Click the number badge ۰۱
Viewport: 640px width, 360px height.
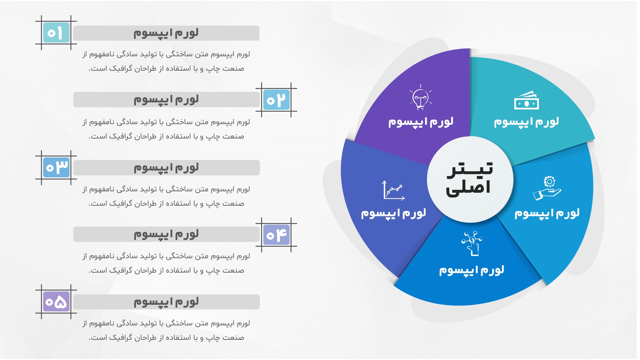click(56, 33)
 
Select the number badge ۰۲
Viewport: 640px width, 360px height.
click(276, 100)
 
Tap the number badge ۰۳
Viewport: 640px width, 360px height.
click(56, 167)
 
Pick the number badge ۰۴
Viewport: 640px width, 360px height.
click(276, 235)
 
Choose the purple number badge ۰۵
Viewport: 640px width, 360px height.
click(56, 302)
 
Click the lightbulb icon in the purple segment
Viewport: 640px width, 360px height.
click(421, 97)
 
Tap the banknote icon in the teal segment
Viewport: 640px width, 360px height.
click(526, 100)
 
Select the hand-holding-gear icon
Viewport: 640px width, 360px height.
click(547, 188)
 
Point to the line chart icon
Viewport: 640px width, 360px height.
click(394, 190)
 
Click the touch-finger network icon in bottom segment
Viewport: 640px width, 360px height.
click(472, 243)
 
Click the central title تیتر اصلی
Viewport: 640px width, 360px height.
click(470, 179)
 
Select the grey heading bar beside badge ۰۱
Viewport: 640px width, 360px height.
click(166, 33)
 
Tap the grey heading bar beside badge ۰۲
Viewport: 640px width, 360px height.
click(166, 100)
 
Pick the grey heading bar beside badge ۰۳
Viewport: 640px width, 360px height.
click(166, 168)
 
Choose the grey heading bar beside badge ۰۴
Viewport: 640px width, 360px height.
click(166, 234)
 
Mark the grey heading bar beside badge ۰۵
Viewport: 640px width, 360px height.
click(166, 302)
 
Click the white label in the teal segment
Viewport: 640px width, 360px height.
click(526, 122)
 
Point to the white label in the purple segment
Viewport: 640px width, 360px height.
click(421, 122)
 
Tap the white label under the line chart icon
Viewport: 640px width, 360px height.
click(394, 213)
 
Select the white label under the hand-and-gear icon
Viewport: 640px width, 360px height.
click(547, 213)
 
